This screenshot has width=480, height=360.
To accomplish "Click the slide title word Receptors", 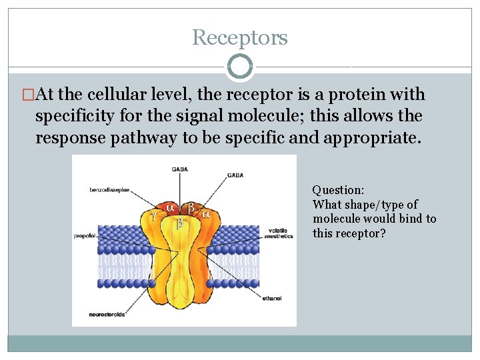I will click(240, 37).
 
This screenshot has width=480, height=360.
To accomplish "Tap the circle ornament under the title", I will click(240, 67).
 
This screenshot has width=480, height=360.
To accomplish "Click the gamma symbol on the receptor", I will click(154, 215).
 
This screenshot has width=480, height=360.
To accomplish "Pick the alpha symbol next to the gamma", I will click(171, 207).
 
